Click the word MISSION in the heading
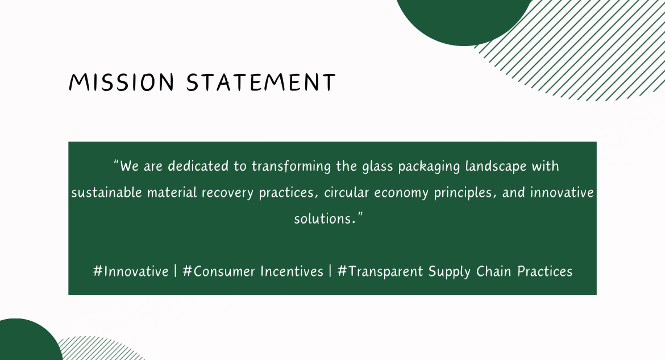pos(121,82)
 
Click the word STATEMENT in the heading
pos(261,82)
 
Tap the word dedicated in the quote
pos(198,166)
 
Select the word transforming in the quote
pos(292,167)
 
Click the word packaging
pos(429,167)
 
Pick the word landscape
pos(496,167)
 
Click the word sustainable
pos(106,193)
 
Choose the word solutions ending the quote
pos(325,218)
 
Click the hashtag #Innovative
pos(131,271)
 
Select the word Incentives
pos(292,271)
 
